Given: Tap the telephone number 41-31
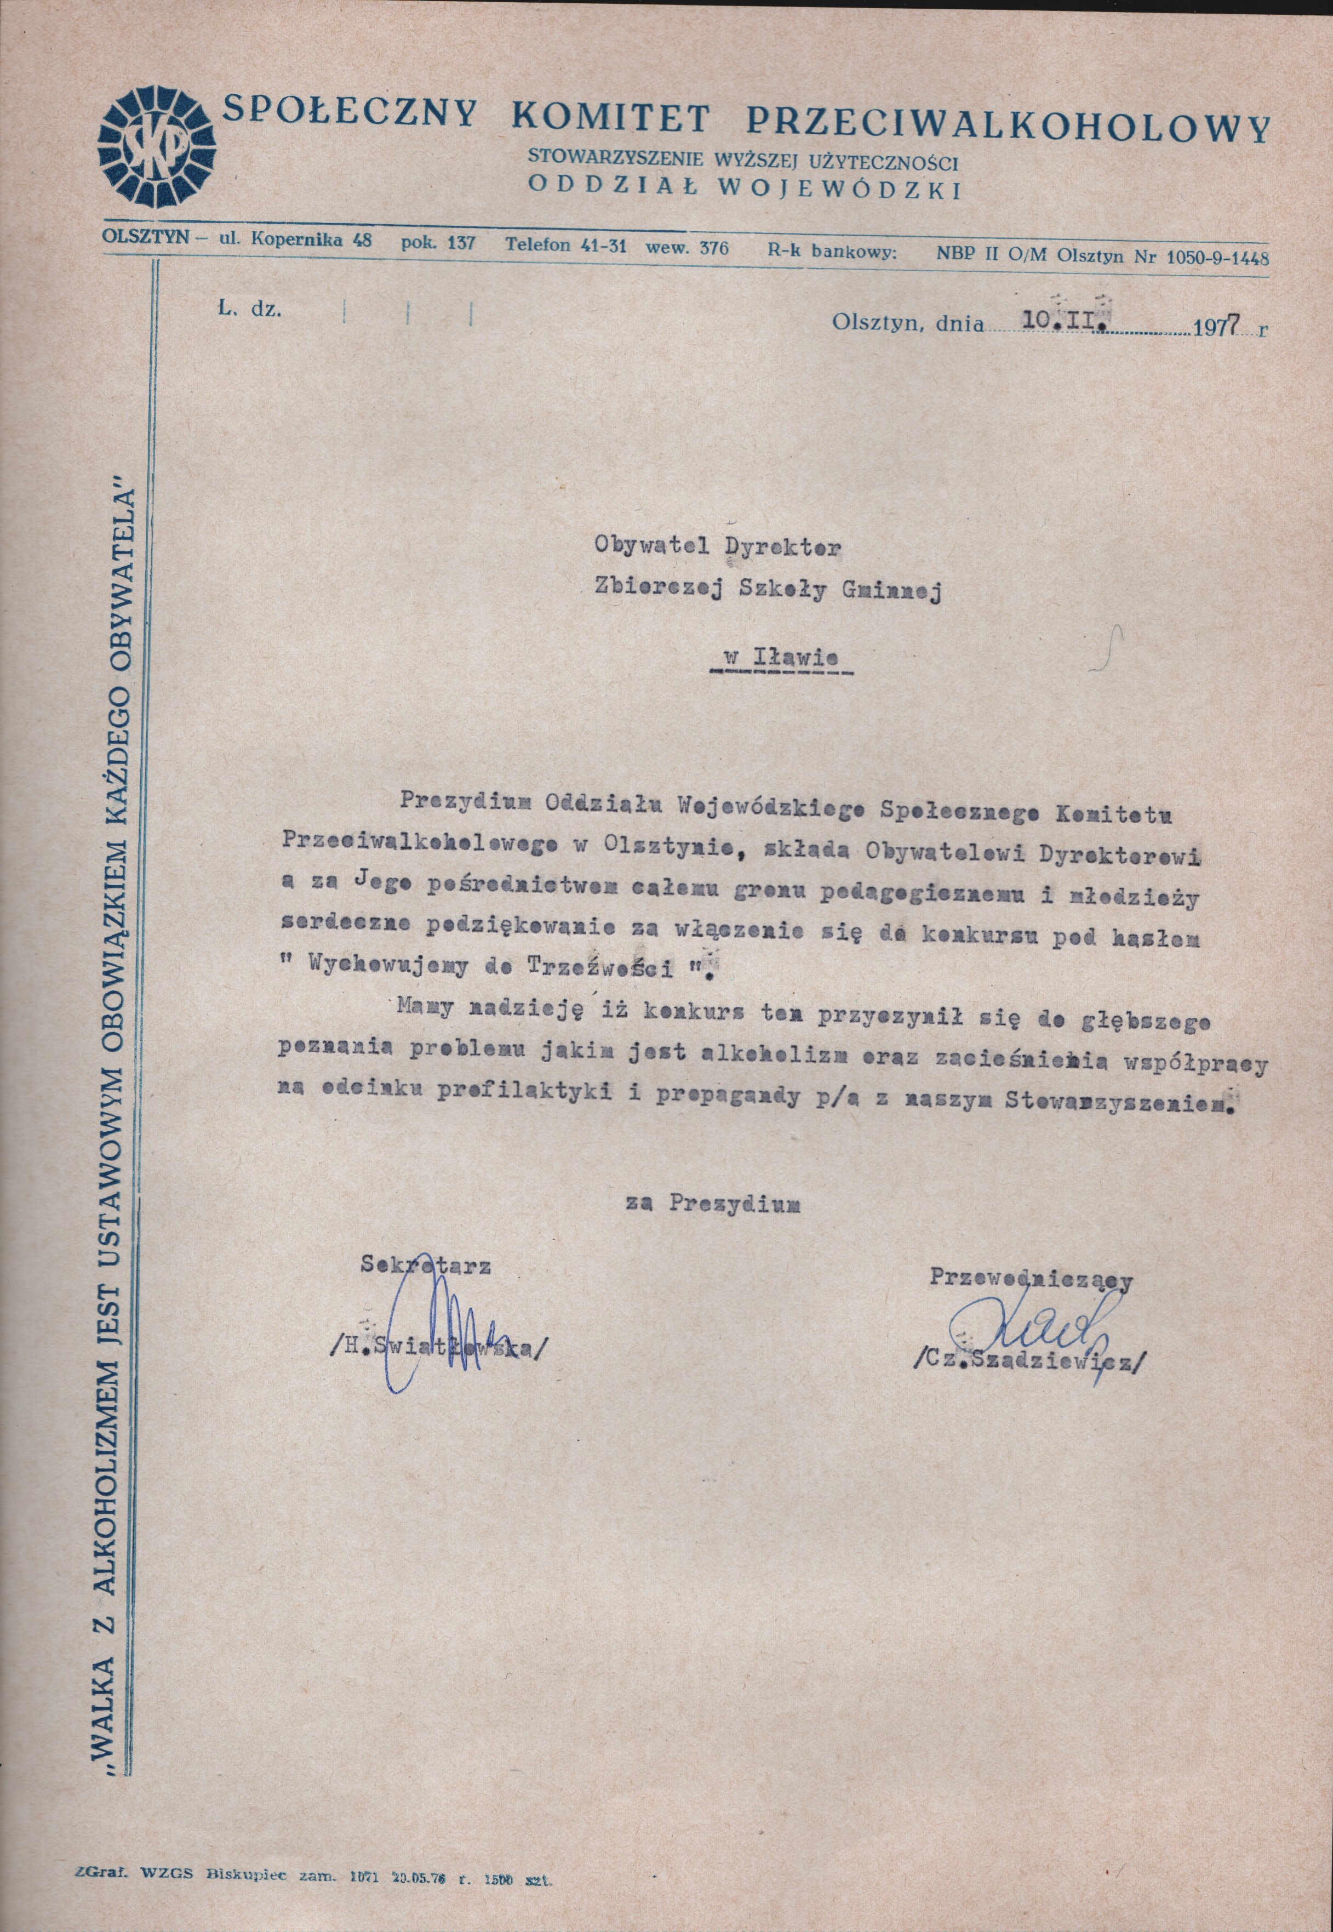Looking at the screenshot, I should (x=600, y=247).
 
